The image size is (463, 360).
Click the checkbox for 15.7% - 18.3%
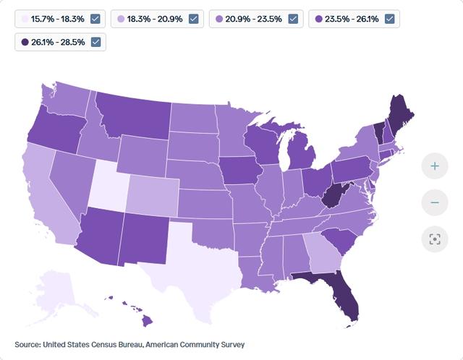coord(95,19)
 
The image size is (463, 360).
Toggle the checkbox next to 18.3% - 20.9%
coord(193,19)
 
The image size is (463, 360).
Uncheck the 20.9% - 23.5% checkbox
coord(293,19)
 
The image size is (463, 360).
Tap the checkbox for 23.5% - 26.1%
coord(390,19)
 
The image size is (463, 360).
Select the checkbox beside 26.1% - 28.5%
coord(95,42)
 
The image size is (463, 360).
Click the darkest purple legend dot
coord(25,42)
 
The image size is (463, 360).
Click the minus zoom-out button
coord(435,202)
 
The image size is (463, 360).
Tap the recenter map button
coord(435,239)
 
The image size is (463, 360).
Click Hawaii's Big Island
coord(147,321)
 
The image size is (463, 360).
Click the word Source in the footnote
coord(27,345)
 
